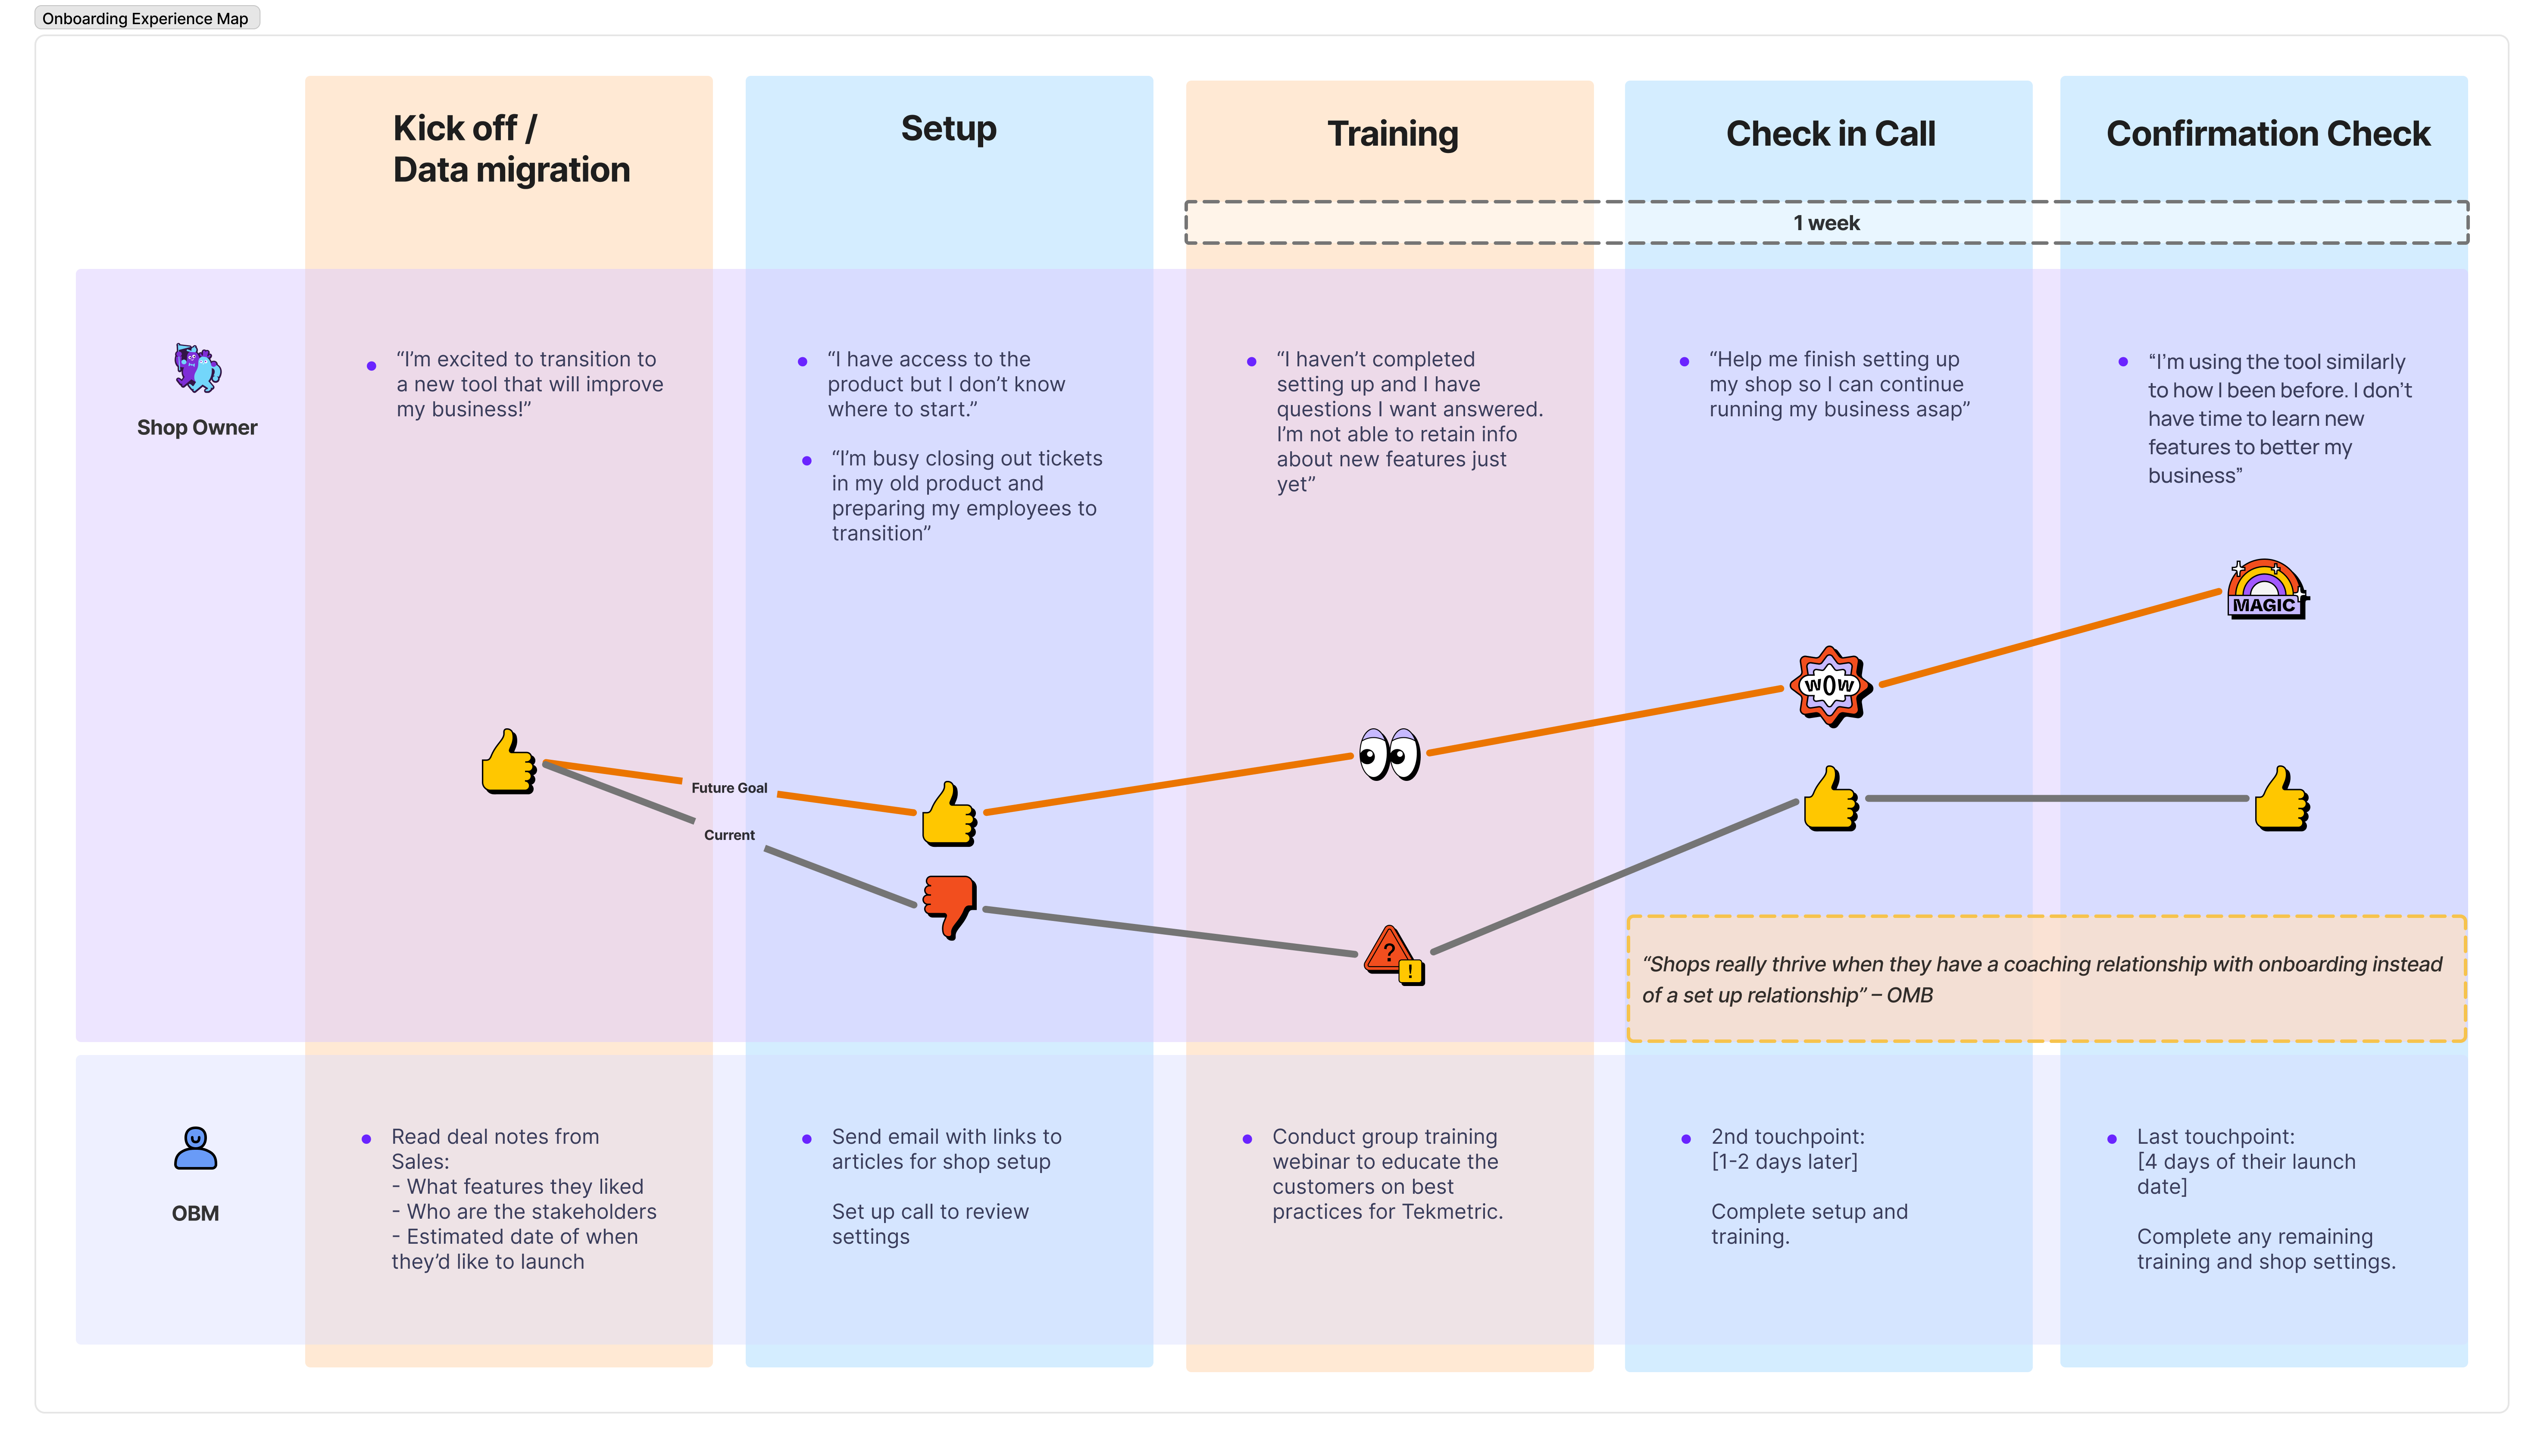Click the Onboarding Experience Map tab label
pyautogui.click(x=145, y=18)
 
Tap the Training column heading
pyautogui.click(x=1392, y=133)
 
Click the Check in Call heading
pyautogui.click(x=1830, y=133)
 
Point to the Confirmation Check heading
pyautogui.click(x=2268, y=133)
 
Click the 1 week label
pyautogui.click(x=1826, y=223)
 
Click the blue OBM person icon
pyautogui.click(x=195, y=1148)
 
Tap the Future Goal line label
pyautogui.click(x=729, y=788)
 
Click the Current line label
pyautogui.click(x=729, y=835)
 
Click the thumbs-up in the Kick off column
pyautogui.click(x=508, y=762)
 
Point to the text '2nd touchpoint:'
pyautogui.click(x=1787, y=1137)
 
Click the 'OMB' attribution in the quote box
pyautogui.click(x=1910, y=995)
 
